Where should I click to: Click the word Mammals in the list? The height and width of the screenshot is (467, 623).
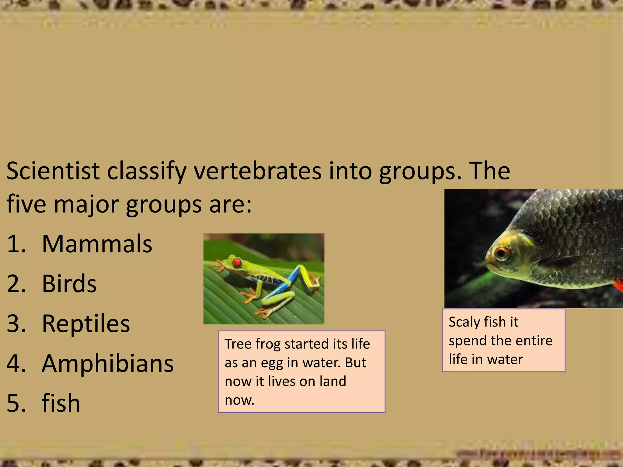(97, 244)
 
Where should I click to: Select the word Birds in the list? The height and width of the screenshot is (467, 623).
(69, 284)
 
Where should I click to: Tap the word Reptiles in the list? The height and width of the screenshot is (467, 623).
(86, 323)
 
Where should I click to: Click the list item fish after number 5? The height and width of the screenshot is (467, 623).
(61, 403)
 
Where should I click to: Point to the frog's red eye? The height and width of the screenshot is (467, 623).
(236, 262)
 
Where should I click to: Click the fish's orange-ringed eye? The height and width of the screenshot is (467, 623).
(501, 252)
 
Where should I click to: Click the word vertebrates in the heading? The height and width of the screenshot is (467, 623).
(257, 171)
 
